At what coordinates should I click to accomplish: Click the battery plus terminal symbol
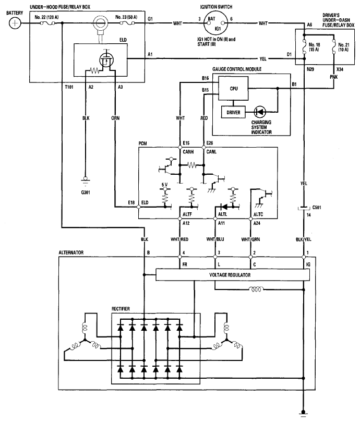(15, 23)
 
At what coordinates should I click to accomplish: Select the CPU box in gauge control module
(233, 89)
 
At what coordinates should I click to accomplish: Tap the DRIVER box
(233, 112)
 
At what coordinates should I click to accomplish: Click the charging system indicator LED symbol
(260, 112)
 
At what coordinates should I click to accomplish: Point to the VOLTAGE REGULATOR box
(233, 275)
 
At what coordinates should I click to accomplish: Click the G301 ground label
(86, 192)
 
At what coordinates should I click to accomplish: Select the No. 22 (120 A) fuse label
(46, 17)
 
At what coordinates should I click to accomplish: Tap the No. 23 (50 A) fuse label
(126, 17)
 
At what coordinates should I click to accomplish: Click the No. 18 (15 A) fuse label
(314, 47)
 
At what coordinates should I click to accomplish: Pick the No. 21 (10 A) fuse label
(344, 47)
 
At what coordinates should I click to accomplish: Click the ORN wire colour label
(115, 118)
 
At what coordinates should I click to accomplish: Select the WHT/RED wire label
(179, 239)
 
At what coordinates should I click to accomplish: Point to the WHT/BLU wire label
(215, 239)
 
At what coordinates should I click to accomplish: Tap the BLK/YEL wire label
(304, 239)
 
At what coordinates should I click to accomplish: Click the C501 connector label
(317, 208)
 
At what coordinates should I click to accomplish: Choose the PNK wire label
(333, 77)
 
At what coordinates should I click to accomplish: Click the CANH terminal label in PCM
(188, 152)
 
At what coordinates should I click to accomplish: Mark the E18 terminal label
(131, 202)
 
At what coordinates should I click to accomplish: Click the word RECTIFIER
(121, 309)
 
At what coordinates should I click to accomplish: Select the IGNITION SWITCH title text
(216, 7)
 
